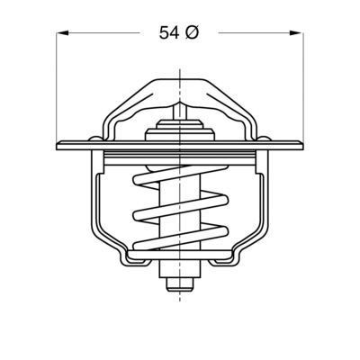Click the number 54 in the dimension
coord(168,33)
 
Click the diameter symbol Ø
coord(192,33)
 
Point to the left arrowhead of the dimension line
coord(63,33)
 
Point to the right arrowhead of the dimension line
coord(297,33)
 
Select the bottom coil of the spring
coord(180,245)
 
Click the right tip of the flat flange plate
coord(301,146)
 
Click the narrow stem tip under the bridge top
coord(181,106)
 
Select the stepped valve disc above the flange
coord(181,130)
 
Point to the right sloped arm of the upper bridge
coord(238,105)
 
